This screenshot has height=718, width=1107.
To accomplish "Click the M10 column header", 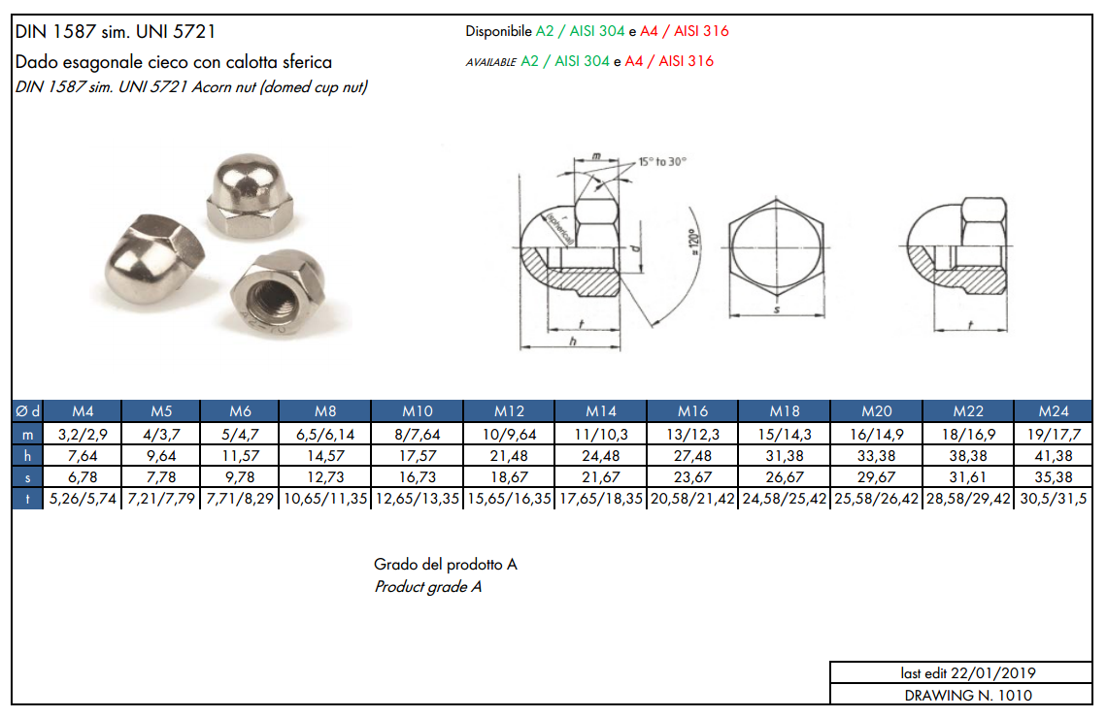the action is coord(418,410).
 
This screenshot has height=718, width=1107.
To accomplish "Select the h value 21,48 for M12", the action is coord(509,456).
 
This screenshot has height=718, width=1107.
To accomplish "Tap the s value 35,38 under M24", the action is coord(1054,476).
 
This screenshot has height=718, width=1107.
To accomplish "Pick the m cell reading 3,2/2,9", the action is coord(83,435).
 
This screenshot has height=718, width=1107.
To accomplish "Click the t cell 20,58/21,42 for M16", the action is coord(692,499).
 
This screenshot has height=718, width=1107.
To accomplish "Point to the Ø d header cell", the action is coord(27,410).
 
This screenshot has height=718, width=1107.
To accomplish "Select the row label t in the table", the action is coord(27,499).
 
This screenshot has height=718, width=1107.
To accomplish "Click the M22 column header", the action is coord(968,410).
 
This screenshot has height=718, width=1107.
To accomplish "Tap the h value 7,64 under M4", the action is coord(83,456).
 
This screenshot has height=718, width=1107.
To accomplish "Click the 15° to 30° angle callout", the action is coord(662,161).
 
